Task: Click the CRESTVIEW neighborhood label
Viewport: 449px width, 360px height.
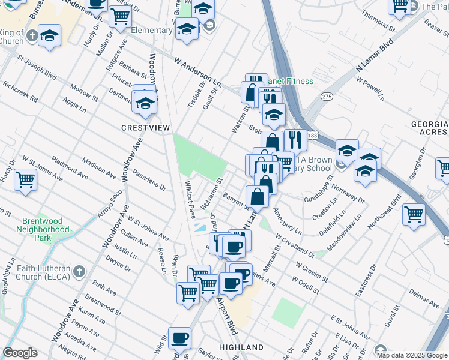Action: point(146,128)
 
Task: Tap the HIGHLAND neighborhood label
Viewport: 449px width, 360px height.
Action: point(241,347)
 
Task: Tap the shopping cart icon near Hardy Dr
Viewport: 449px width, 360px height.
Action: point(26,179)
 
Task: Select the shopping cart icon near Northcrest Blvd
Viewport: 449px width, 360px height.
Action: point(414,213)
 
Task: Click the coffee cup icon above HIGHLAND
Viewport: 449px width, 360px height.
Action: point(179,338)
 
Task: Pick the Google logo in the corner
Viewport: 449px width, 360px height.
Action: point(20,353)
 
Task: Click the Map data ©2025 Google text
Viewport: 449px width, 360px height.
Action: point(411,355)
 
